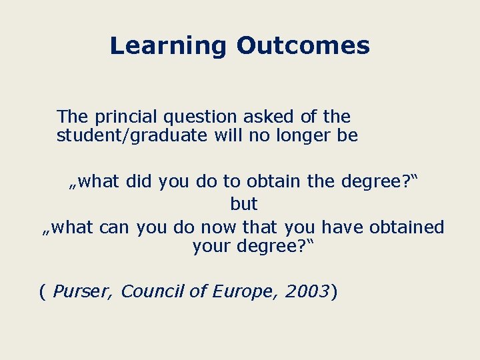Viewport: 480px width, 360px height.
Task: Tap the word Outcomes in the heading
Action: tap(303, 45)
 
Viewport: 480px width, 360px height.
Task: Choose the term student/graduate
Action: tap(131, 136)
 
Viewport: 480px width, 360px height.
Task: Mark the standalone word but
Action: tap(244, 203)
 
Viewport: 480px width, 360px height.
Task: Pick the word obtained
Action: tap(405, 227)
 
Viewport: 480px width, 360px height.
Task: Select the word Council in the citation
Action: tap(148, 291)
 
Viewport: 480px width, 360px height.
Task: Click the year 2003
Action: tap(307, 291)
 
